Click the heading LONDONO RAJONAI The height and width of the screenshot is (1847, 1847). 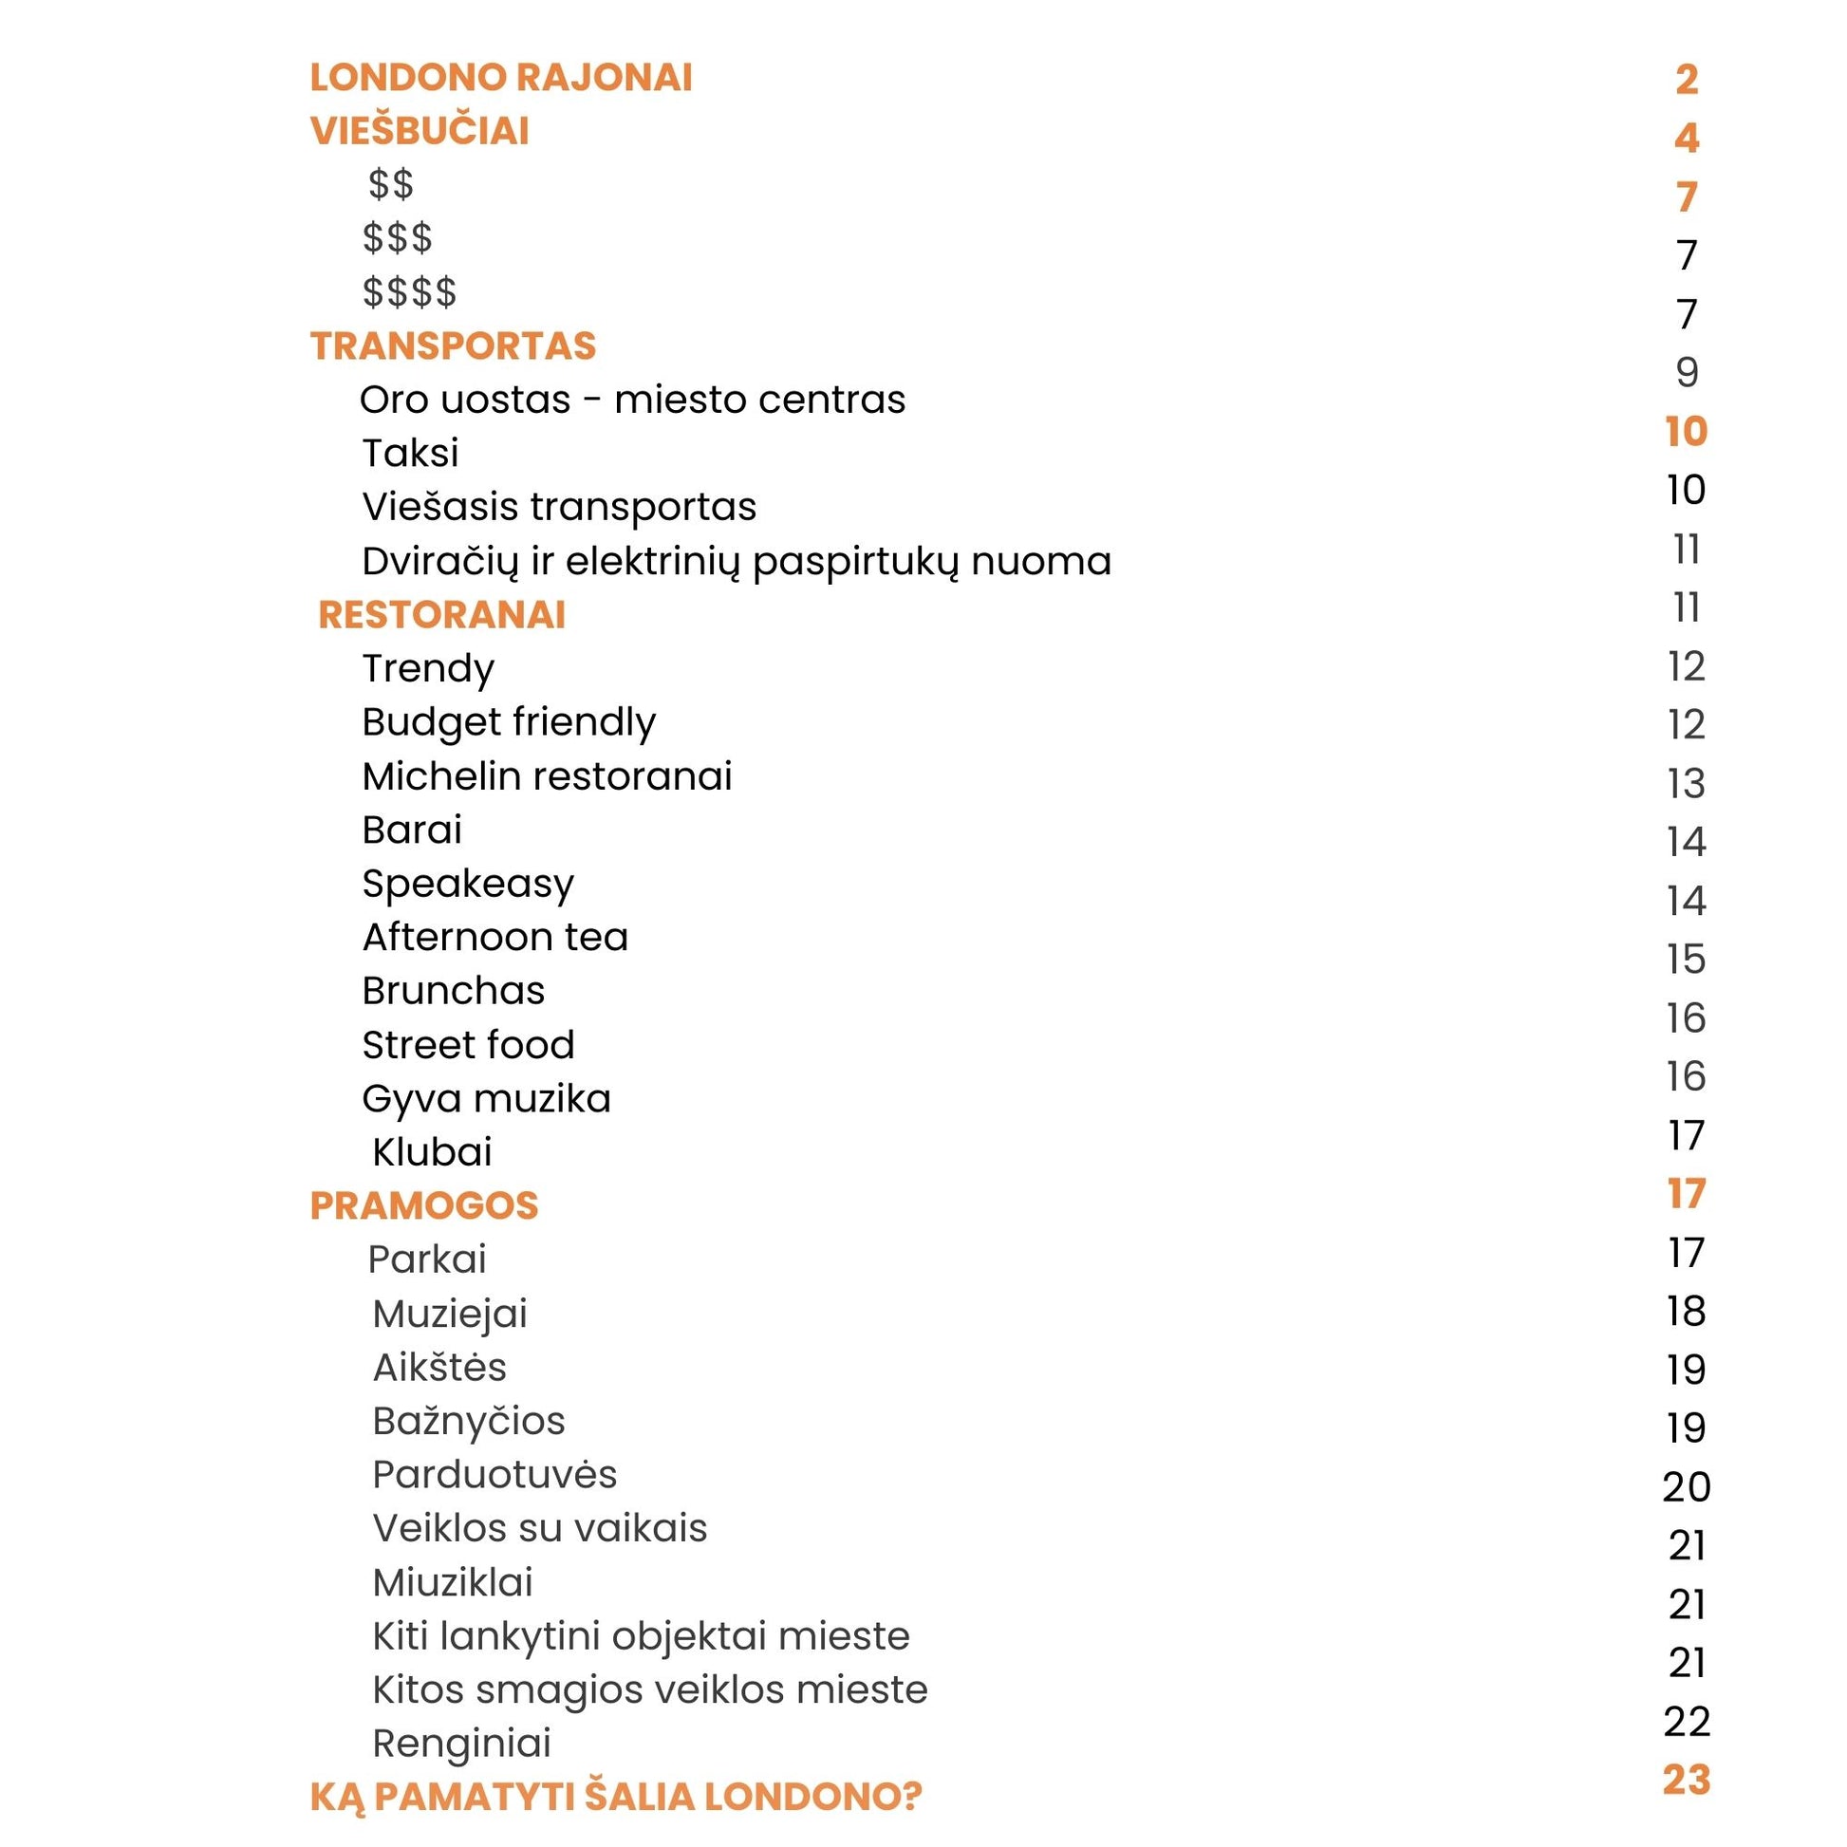(501, 79)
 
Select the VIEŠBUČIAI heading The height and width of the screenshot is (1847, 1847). (420, 132)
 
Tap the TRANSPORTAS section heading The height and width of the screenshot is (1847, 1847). (453, 346)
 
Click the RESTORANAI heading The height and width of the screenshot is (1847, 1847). (441, 615)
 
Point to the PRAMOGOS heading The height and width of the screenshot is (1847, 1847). (424, 1205)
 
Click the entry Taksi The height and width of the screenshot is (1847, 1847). (410, 453)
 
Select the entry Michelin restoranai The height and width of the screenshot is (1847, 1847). (547, 776)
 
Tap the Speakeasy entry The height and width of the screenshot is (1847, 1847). (468, 885)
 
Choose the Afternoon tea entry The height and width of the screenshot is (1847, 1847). (495, 938)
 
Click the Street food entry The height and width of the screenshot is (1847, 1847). (469, 1045)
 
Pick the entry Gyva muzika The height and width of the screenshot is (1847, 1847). (486, 1099)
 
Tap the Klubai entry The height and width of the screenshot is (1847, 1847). (432, 1152)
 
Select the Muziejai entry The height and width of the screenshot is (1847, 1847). (450, 1315)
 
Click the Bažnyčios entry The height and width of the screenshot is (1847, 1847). (469, 1422)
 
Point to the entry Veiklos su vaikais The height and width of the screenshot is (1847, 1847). (540, 1529)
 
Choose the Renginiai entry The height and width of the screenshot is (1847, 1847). (461, 1744)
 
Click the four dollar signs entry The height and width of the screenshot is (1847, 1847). (409, 292)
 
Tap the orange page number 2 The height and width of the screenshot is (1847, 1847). (1687, 80)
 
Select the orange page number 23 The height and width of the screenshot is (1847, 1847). (1687, 1780)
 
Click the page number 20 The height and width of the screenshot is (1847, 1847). (1687, 1486)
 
